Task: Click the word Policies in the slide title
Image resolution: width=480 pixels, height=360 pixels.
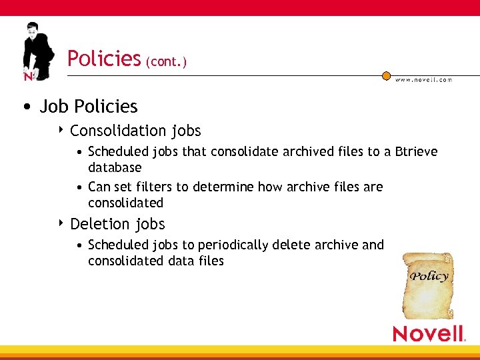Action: tap(104, 59)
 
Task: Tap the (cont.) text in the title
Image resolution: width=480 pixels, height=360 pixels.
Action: tap(166, 61)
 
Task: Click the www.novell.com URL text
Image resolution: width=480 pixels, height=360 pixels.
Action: tap(424, 80)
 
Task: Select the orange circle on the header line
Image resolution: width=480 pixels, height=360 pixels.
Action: tap(386, 76)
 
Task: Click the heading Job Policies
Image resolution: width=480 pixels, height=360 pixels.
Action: tap(89, 107)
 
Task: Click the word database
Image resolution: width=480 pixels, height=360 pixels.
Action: tap(115, 167)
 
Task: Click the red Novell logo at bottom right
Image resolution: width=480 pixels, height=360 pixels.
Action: tap(428, 333)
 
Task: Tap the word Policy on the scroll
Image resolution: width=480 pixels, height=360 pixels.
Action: tap(429, 276)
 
